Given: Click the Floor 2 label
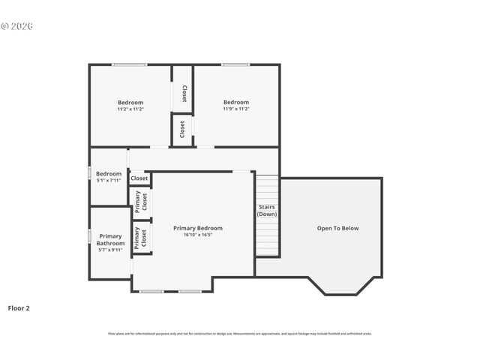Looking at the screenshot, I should [x=19, y=307].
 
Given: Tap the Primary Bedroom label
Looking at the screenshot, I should [x=198, y=228].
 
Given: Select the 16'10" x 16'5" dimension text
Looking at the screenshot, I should [x=198, y=235].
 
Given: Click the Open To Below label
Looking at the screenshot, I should [x=337, y=228].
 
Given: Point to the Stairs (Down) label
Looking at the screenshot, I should [x=267, y=210].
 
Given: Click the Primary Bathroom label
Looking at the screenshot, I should [x=110, y=239].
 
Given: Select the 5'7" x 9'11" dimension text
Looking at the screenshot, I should [x=110, y=250].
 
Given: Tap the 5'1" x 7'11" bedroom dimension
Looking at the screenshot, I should [x=109, y=180].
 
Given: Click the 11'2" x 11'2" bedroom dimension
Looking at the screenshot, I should [x=130, y=109].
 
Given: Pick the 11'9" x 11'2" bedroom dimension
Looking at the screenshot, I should [x=235, y=109].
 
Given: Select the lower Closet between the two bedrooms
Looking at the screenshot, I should [x=182, y=129].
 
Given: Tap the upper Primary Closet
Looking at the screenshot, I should [x=141, y=202].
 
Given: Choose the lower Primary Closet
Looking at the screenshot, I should [x=141, y=238].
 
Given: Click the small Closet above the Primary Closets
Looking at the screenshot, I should [x=139, y=178].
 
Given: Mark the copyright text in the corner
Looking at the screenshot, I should [x=16, y=26].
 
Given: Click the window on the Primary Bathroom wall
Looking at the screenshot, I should [x=90, y=236].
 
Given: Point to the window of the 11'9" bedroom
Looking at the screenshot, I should [x=235, y=64].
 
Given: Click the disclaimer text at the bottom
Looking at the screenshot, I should [x=240, y=334].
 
